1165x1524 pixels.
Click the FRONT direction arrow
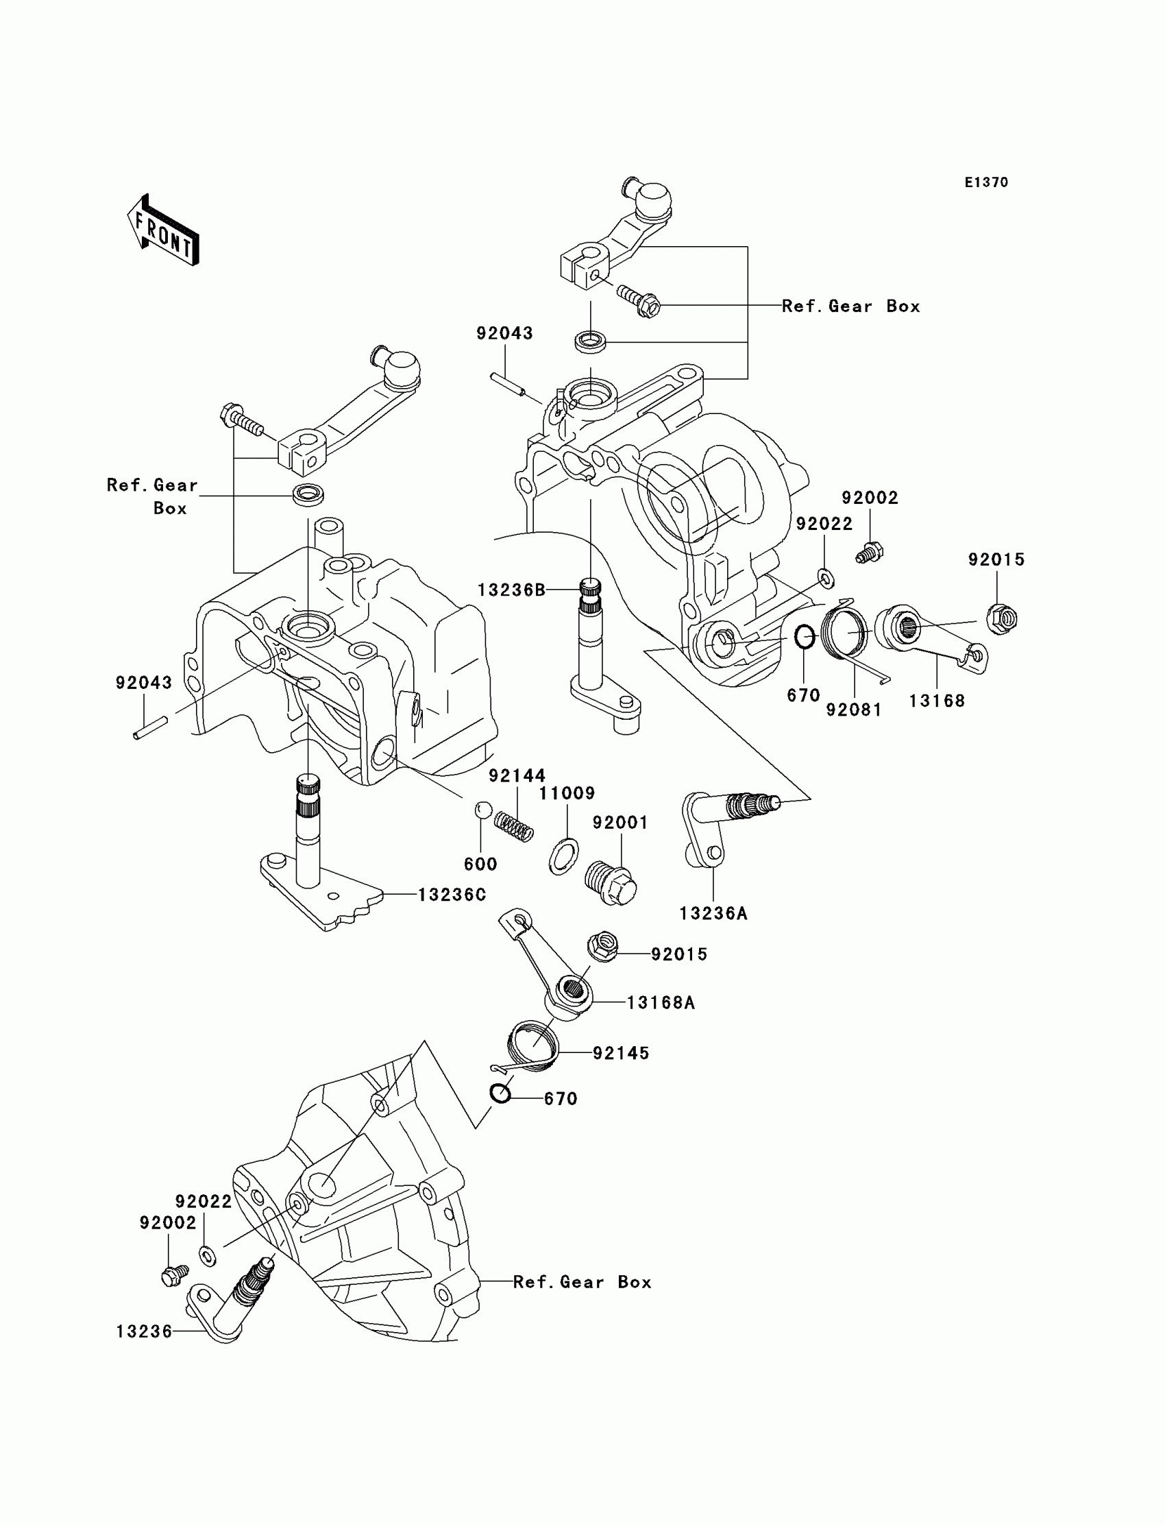(163, 230)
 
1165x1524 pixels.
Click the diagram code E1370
(986, 182)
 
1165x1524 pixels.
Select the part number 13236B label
(511, 590)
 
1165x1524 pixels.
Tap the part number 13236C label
(452, 895)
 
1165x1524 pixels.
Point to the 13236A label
(713, 914)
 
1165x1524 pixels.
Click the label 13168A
(660, 1002)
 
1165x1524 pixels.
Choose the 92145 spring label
(621, 1053)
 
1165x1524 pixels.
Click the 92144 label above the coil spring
(517, 775)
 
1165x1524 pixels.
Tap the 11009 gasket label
(567, 793)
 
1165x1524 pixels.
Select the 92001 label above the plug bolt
(620, 823)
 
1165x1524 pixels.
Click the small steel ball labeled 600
(483, 810)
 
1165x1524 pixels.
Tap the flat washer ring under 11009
(564, 857)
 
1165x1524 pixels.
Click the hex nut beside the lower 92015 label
(602, 947)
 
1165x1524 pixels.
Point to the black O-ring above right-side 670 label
(804, 637)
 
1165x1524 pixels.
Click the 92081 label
(854, 710)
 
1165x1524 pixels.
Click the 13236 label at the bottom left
(143, 1331)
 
